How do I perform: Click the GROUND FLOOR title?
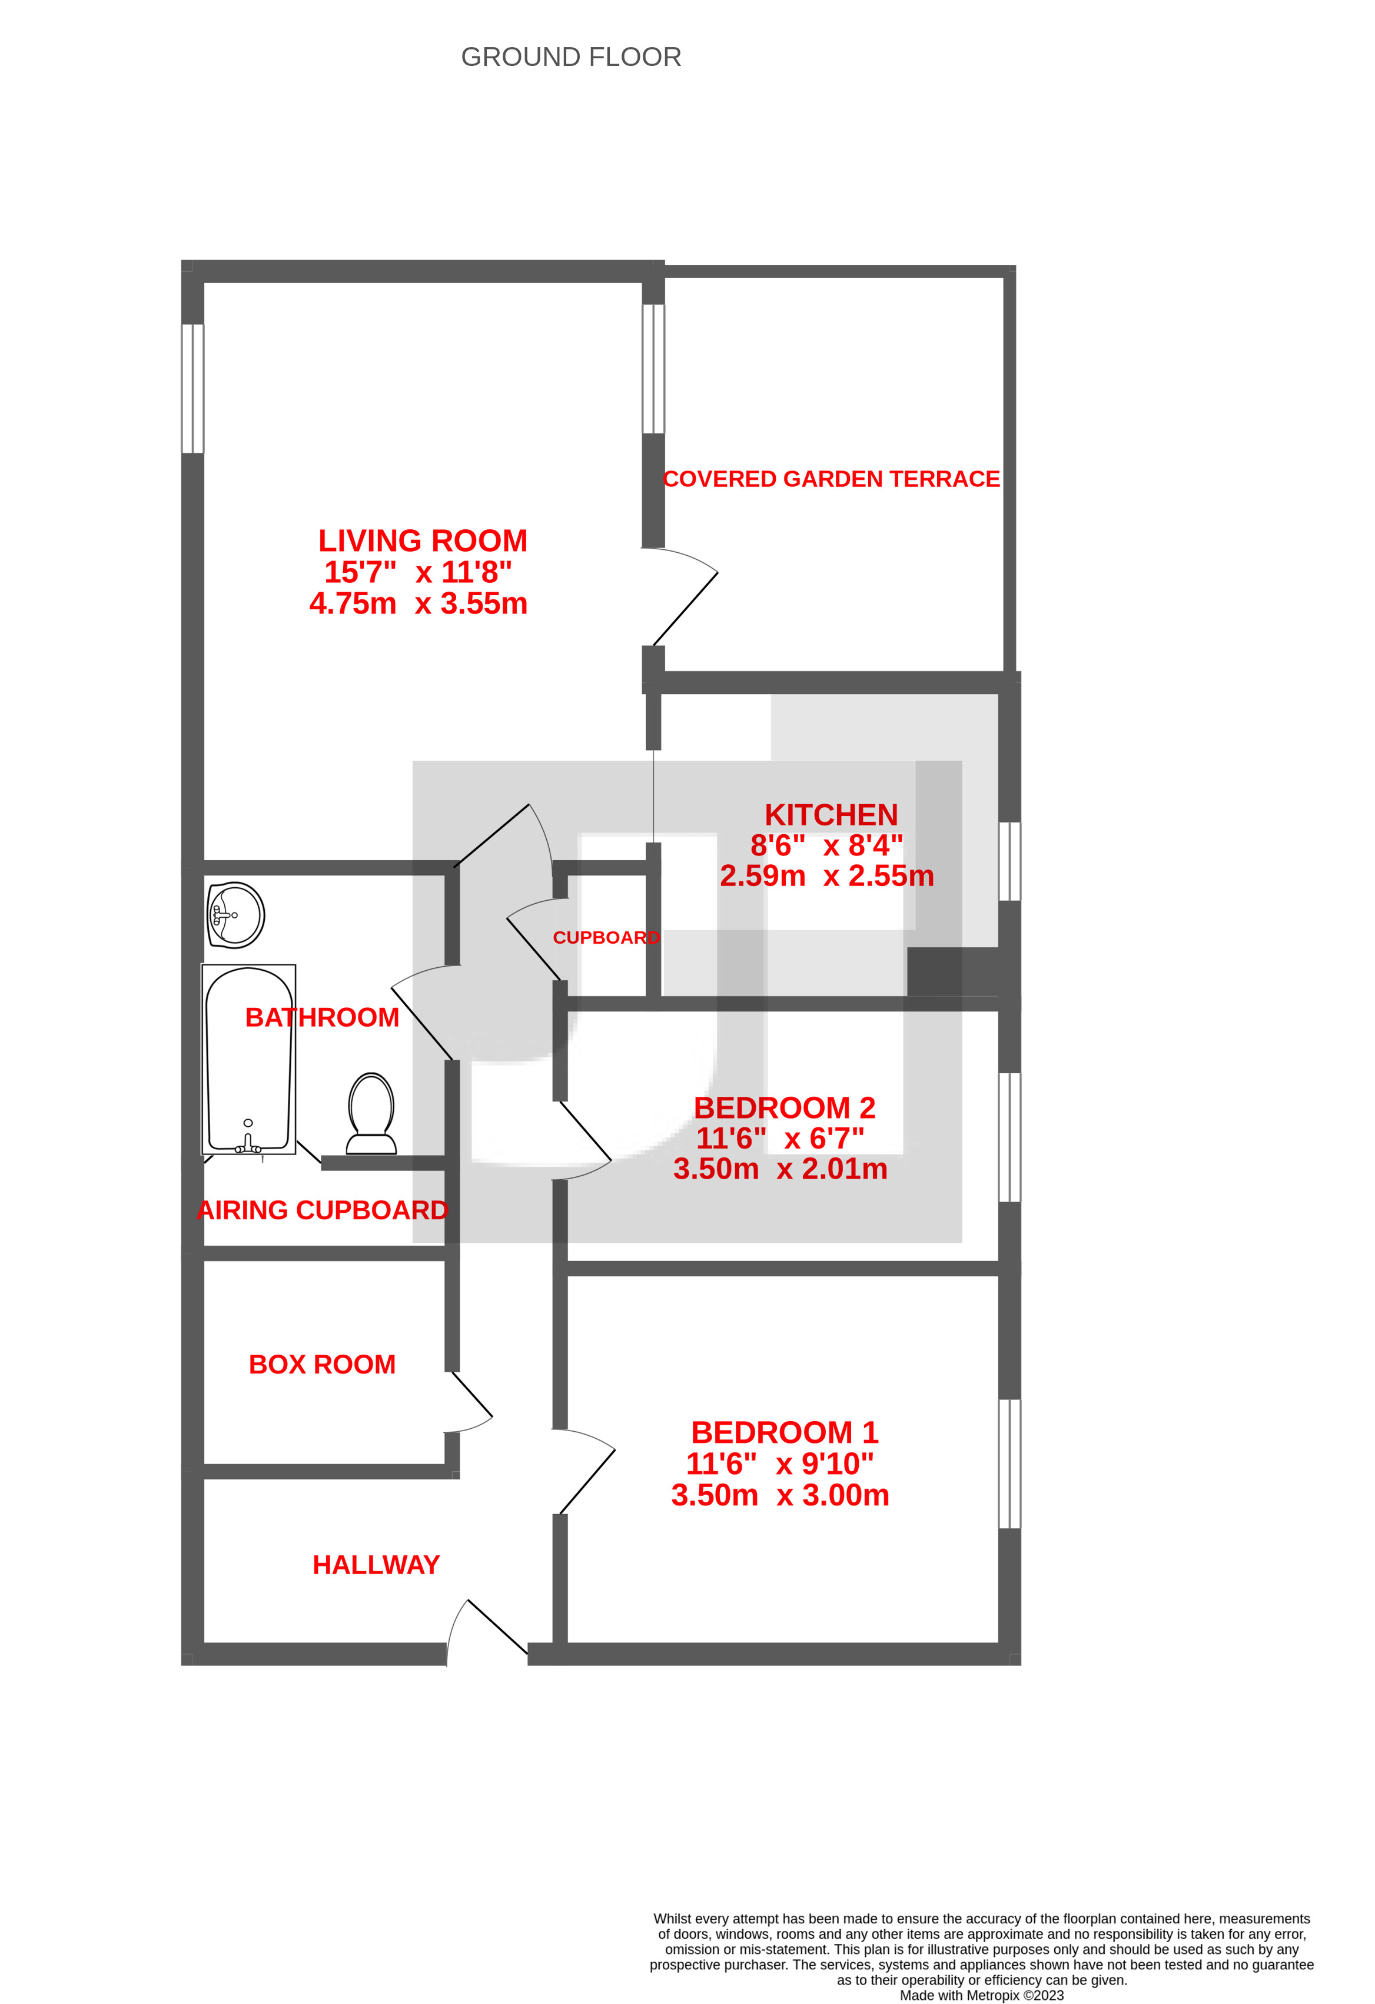pos(571,57)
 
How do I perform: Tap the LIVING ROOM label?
pos(423,540)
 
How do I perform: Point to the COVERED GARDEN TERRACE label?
pos(831,479)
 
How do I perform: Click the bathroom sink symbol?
pos(236,915)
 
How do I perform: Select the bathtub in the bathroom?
pos(248,1060)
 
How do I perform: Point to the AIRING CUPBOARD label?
pos(323,1210)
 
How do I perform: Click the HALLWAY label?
pos(376,1565)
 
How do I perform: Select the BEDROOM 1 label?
pos(785,1433)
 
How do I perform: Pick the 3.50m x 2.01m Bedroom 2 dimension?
pos(780,1169)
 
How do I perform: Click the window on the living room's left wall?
pos(192,389)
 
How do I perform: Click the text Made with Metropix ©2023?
pos(981,1995)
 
